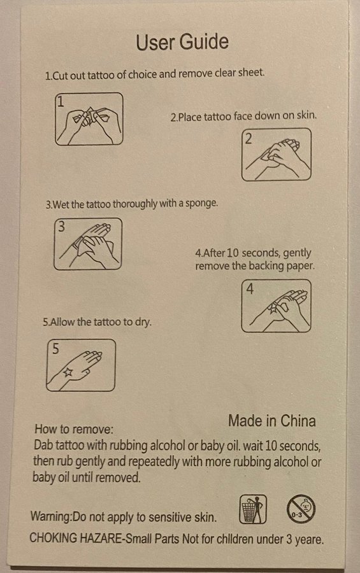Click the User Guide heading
(182, 41)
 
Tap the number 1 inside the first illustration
(61, 101)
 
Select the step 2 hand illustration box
(277, 155)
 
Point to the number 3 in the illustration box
(61, 227)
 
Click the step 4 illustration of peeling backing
(277, 306)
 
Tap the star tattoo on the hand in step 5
(68, 372)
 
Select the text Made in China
(272, 421)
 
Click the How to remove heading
(74, 428)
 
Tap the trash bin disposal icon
(253, 509)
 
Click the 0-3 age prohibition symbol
(301, 509)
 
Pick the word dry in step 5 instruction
(143, 322)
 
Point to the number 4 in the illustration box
(250, 288)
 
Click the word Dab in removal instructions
(43, 445)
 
